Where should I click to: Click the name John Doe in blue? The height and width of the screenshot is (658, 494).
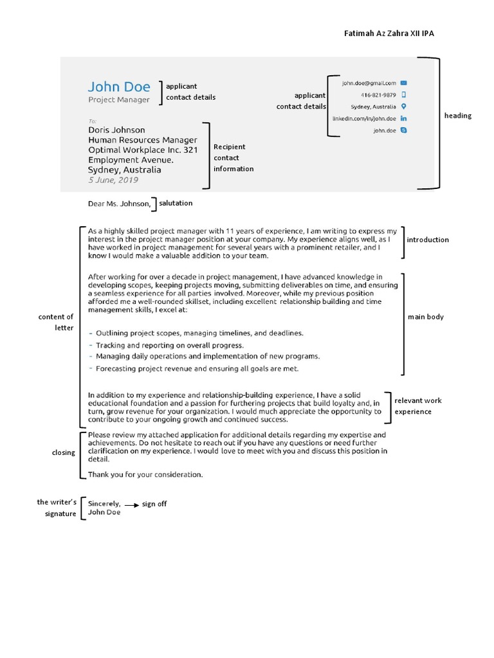[x=119, y=87]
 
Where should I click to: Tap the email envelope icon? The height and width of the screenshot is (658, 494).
[x=403, y=83]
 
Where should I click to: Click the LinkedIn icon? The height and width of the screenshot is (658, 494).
[x=403, y=118]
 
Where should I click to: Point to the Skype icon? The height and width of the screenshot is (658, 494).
[x=403, y=130]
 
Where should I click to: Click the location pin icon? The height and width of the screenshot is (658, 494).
[x=403, y=106]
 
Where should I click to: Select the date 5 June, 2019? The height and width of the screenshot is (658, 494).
[x=113, y=181]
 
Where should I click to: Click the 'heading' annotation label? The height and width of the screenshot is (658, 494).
[x=457, y=116]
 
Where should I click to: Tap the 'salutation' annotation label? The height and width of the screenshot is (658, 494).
[x=176, y=203]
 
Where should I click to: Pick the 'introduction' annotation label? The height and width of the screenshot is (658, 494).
[x=428, y=240]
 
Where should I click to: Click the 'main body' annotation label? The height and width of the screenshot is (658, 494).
[x=426, y=317]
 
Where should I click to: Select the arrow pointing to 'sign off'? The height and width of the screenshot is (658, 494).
[x=131, y=504]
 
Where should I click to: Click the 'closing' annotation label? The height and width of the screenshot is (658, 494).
[x=64, y=452]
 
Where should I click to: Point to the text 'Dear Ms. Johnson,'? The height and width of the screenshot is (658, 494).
[x=119, y=204]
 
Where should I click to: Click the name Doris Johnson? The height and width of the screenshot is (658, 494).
[x=116, y=130]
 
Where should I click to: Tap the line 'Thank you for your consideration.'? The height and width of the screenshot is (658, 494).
[x=145, y=475]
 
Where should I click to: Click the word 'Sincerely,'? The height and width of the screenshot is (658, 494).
[x=104, y=504]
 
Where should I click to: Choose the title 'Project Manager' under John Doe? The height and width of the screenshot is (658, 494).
[x=118, y=100]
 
